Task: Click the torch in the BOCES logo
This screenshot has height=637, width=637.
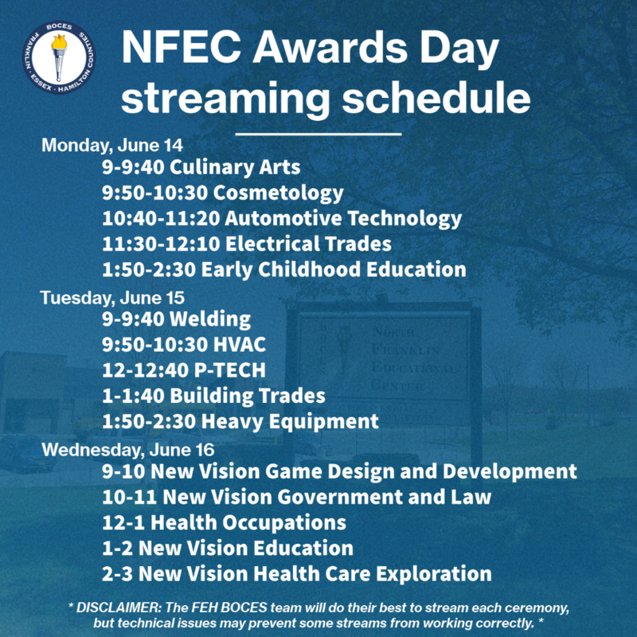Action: [x=59, y=57]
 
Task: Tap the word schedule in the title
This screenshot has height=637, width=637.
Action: [x=436, y=97]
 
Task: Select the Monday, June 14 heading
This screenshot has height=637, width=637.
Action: [x=112, y=146]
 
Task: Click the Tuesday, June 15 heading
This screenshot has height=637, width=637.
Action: [x=112, y=298]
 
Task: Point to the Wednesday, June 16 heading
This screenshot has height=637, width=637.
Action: [x=128, y=450]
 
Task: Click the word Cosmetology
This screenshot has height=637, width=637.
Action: [x=279, y=193]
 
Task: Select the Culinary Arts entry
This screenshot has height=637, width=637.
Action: [x=201, y=167]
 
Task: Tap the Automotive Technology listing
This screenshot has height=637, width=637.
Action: [x=282, y=218]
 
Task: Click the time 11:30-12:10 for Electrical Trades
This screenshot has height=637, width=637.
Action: [x=161, y=244]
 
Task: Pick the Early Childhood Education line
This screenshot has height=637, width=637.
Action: [x=284, y=269]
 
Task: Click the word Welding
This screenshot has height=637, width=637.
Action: [x=210, y=320]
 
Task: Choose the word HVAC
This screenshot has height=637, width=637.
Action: [x=240, y=345]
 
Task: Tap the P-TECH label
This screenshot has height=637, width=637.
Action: [x=230, y=370]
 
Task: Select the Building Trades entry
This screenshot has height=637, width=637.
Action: [x=213, y=396]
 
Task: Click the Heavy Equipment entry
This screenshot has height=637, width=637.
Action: [x=240, y=421]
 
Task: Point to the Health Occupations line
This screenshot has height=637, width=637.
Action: [x=224, y=523]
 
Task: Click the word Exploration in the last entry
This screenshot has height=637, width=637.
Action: [x=434, y=574]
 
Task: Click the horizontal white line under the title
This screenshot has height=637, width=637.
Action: [x=318, y=134]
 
